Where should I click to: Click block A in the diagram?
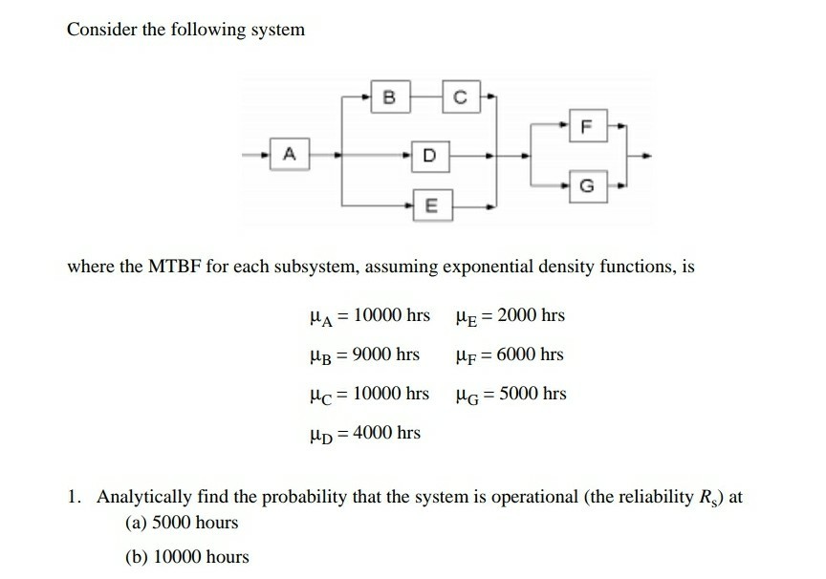click(289, 153)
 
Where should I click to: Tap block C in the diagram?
click(459, 96)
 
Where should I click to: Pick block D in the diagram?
click(429, 153)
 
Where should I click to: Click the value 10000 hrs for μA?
click(391, 315)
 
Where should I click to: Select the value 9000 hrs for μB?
click(386, 354)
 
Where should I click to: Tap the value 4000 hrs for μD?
click(386, 433)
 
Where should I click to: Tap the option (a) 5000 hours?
click(182, 523)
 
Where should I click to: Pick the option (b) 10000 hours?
click(186, 556)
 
